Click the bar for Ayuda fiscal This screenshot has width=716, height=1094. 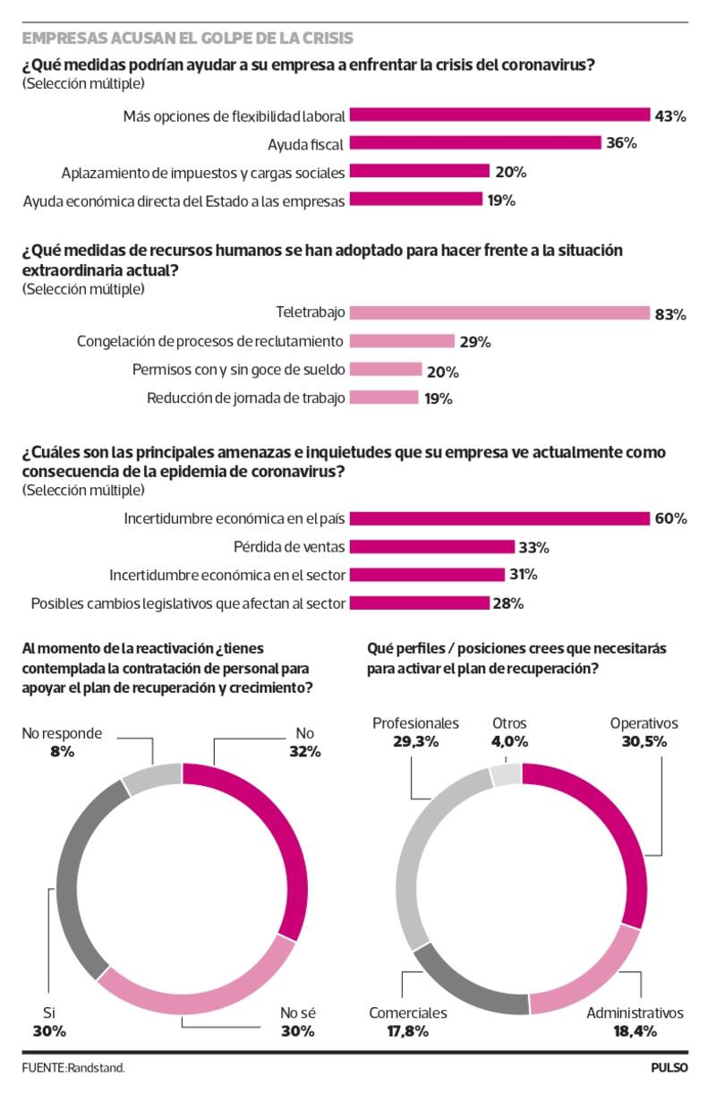pyautogui.click(x=474, y=143)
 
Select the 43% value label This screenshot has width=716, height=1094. pyautogui.click(x=670, y=115)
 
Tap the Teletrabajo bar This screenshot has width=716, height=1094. pyautogui.click(x=499, y=313)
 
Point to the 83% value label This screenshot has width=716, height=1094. pyautogui.click(x=670, y=314)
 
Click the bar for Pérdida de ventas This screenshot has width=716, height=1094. pyautogui.click(x=431, y=547)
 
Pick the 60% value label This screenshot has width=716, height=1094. pyautogui.click(x=670, y=519)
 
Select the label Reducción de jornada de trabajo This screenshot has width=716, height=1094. pyautogui.click(x=246, y=398)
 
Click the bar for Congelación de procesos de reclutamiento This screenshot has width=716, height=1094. pyautogui.click(x=402, y=341)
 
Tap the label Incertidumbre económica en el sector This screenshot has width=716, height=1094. pyautogui.click(x=227, y=575)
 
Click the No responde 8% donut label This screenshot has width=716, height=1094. pyautogui.click(x=62, y=743)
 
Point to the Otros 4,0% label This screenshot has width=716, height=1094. pyautogui.click(x=509, y=732)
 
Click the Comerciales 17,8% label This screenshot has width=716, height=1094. pyautogui.click(x=408, y=1022)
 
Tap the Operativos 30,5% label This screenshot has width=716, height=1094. pyautogui.click(x=644, y=732)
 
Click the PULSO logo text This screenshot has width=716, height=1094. pyautogui.click(x=669, y=1068)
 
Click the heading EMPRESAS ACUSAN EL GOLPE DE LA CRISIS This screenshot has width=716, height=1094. pyautogui.click(x=187, y=38)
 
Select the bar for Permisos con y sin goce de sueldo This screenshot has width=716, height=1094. pyautogui.click(x=386, y=370)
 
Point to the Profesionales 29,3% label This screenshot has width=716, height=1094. pyautogui.click(x=415, y=732)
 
